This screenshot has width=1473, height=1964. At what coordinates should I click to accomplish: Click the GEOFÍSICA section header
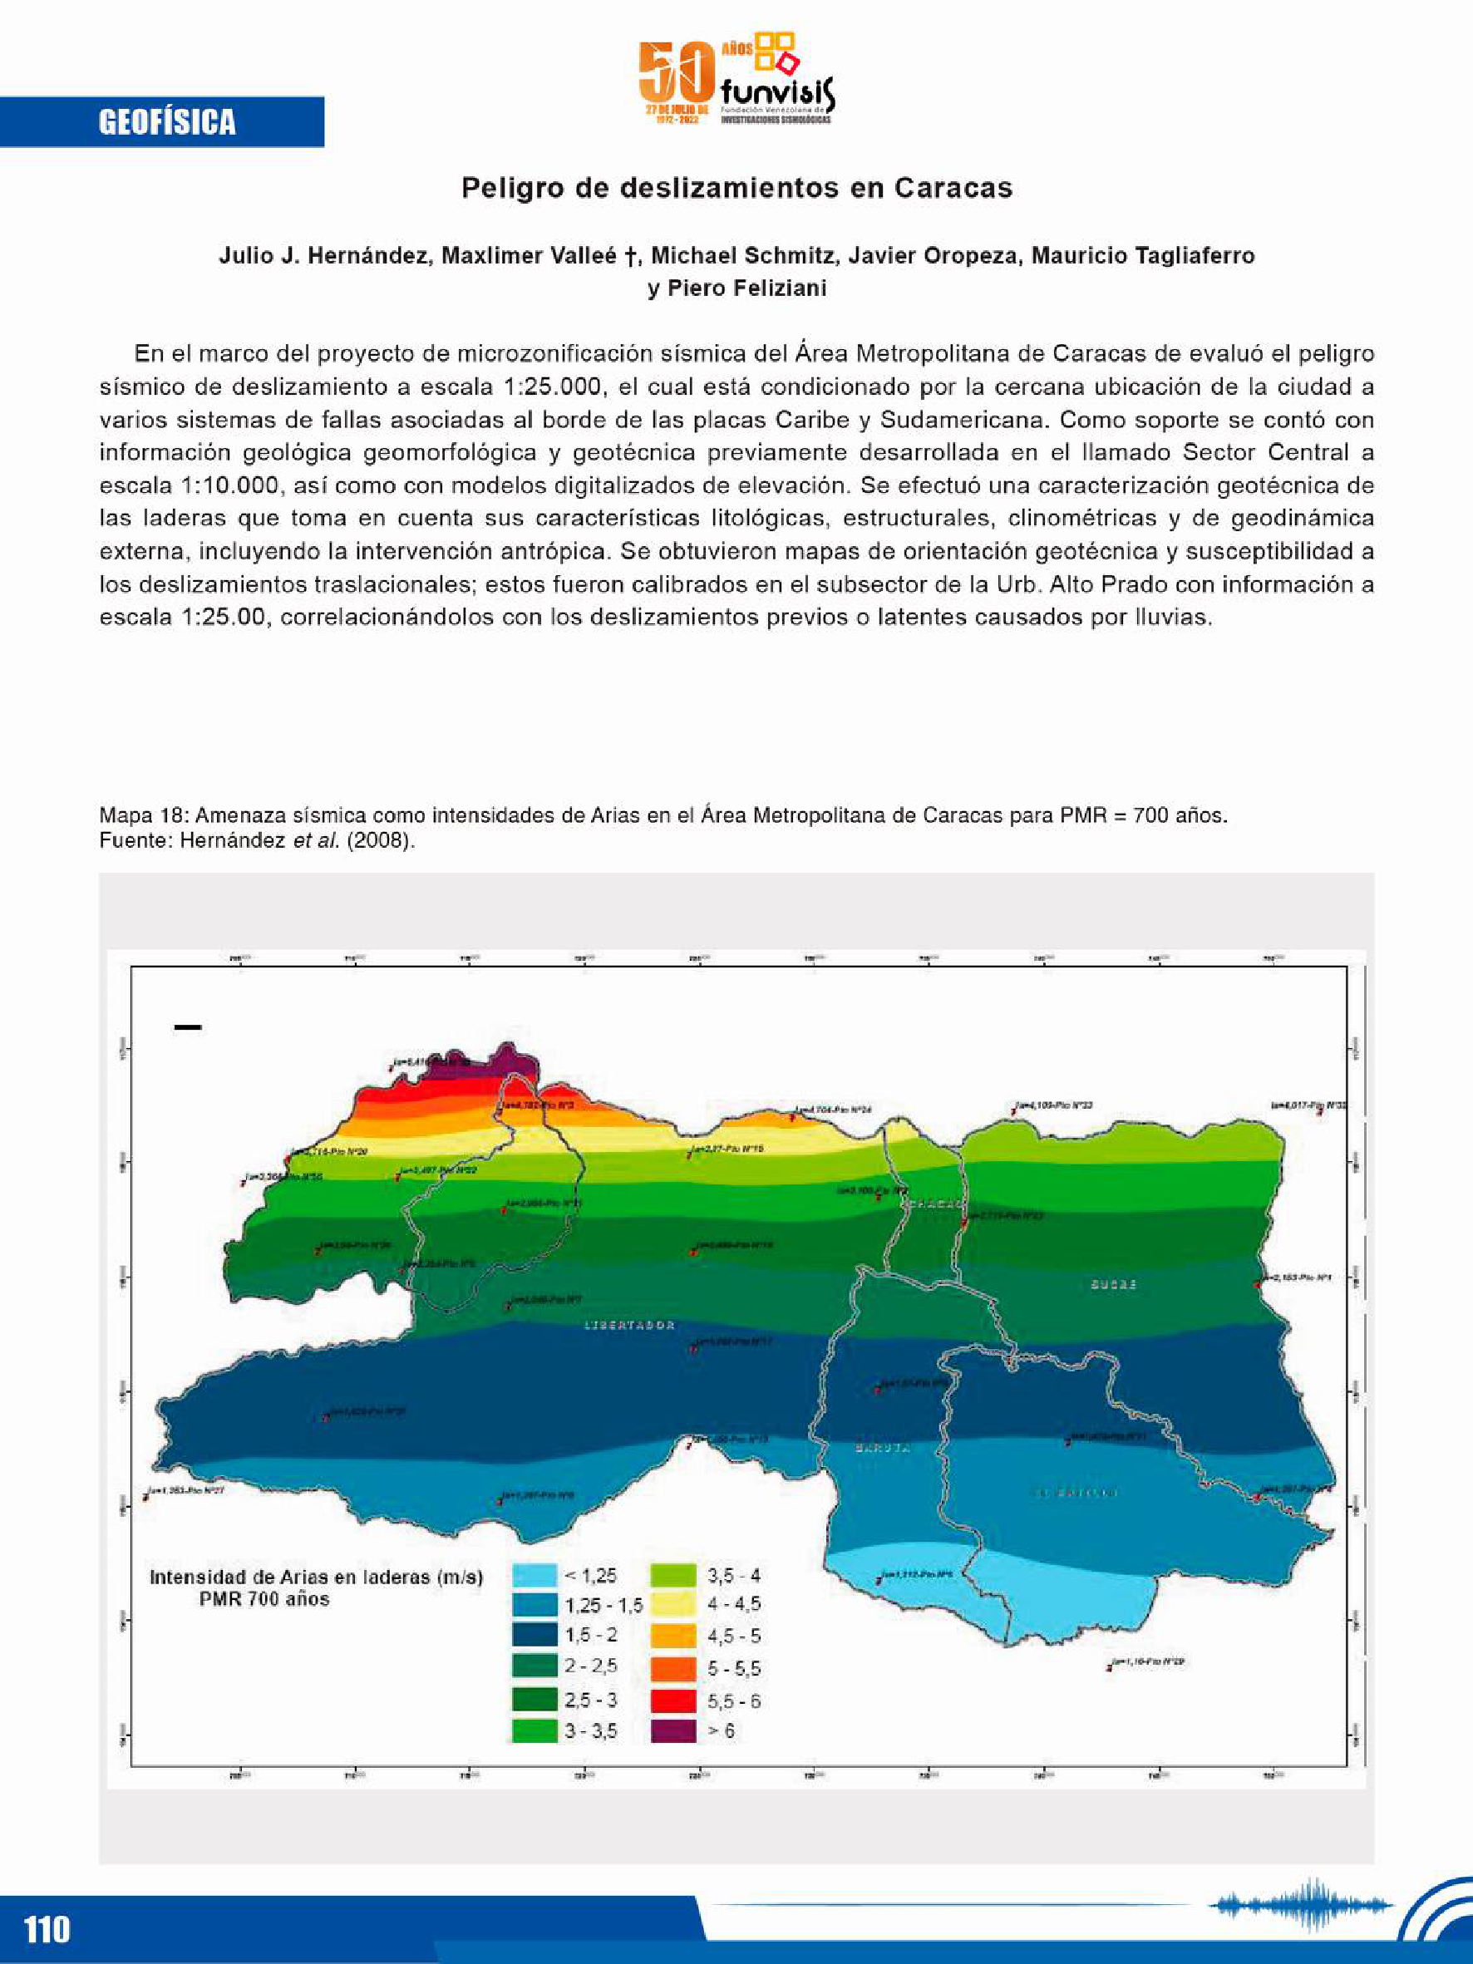[x=167, y=121]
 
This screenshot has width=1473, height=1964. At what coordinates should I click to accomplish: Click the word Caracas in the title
[x=953, y=188]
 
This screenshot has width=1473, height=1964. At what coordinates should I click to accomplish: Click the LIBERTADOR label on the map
[x=629, y=1326]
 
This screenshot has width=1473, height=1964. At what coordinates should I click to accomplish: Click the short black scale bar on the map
[x=187, y=1028]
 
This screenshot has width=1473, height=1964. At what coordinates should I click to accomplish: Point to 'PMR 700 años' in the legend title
[x=264, y=1599]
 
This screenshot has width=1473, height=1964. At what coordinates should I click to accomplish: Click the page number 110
[x=47, y=1929]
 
